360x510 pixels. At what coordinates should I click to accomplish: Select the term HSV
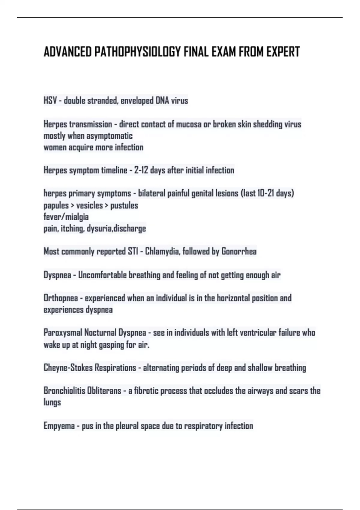pyautogui.click(x=50, y=100)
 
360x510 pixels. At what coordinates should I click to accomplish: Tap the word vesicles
pyautogui.click(x=89, y=205)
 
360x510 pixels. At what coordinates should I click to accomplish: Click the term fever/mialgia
pyautogui.click(x=66, y=217)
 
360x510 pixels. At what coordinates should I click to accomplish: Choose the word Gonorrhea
pyautogui.click(x=239, y=251)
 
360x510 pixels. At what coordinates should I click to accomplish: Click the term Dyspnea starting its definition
pyautogui.click(x=57, y=275)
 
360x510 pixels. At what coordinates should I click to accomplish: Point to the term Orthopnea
pyautogui.click(x=61, y=298)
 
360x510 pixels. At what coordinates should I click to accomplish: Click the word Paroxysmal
pyautogui.click(x=63, y=333)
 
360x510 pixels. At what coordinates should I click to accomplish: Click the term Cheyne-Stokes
pyautogui.click(x=68, y=368)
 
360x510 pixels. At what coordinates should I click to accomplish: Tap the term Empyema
pyautogui.click(x=59, y=426)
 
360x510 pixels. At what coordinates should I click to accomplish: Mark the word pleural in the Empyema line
pyautogui.click(x=117, y=426)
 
